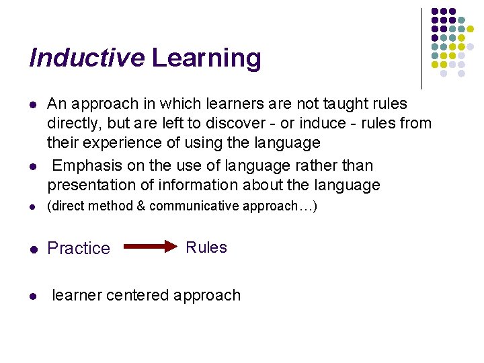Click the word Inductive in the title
click(x=87, y=58)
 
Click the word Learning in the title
click(x=206, y=58)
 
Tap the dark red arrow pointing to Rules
click(x=149, y=247)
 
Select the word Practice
click(x=79, y=248)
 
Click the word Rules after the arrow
click(x=206, y=247)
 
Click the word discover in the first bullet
click(x=241, y=124)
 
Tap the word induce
click(x=326, y=124)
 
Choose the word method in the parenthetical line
click(x=113, y=206)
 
